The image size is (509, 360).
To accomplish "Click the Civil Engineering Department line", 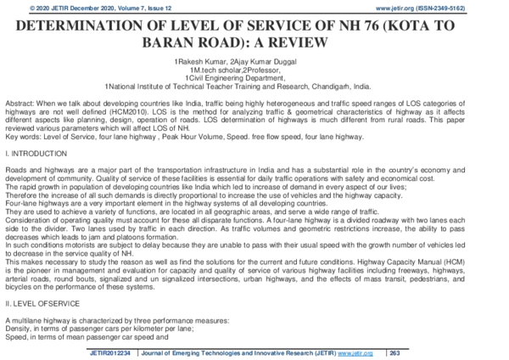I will click(255, 78).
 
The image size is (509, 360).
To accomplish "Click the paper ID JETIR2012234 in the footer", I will click(111, 352).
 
